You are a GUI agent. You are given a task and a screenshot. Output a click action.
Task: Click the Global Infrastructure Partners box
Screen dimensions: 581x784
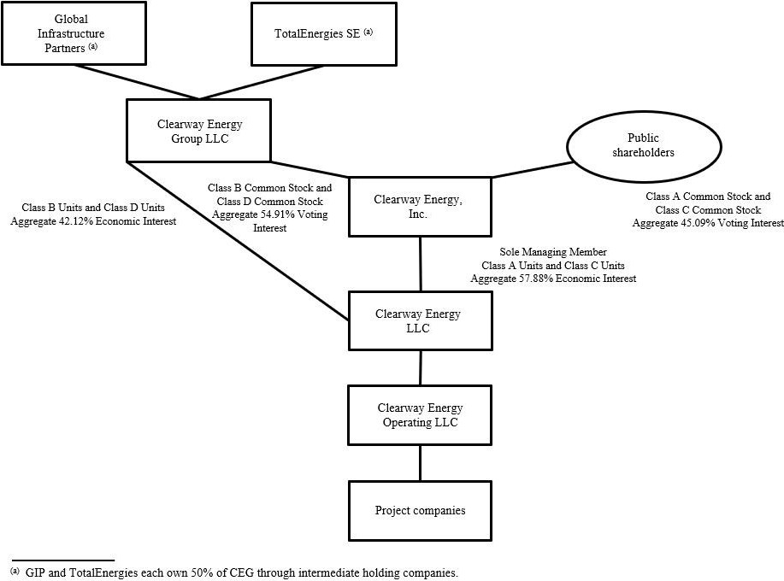[73, 33]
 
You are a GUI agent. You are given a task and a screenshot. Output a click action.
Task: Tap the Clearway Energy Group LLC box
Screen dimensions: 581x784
[198, 131]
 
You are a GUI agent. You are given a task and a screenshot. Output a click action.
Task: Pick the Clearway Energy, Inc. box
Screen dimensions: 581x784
[420, 207]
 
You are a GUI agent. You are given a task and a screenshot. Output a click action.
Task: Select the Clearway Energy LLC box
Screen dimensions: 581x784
[420, 320]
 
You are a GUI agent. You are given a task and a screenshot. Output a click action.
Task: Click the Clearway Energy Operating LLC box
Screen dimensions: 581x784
[420, 415]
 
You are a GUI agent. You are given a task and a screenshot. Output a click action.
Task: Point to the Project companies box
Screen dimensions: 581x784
[420, 510]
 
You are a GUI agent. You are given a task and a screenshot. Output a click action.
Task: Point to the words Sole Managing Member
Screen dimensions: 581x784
[552, 253]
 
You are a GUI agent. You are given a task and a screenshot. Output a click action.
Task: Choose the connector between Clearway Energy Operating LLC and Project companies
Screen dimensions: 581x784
[420, 463]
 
